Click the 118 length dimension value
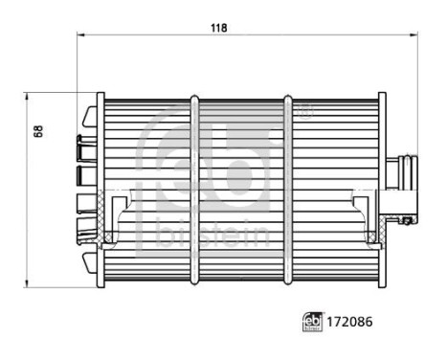pyautogui.click(x=219, y=28)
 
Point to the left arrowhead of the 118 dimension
pyautogui.click(x=79, y=36)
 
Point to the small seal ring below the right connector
pyautogui.click(x=408, y=222)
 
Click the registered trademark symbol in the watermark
pyautogui.click(x=304, y=112)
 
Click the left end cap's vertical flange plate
pyautogui.click(x=100, y=189)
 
